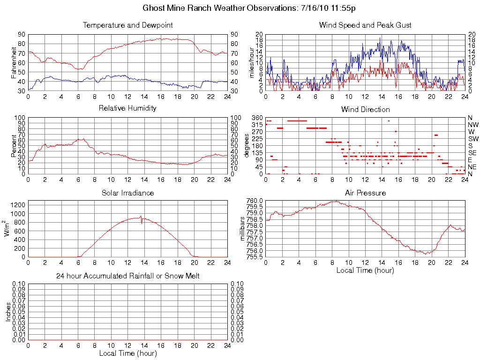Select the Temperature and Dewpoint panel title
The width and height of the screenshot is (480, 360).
pos(127,25)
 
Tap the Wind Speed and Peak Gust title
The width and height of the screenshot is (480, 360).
pos(365,25)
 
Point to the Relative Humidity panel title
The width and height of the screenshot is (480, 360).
pos(127,108)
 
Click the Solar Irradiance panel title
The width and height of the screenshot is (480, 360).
pos(127,193)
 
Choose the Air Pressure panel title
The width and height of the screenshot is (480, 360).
pos(365,193)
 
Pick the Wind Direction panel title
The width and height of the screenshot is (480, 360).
pos(365,109)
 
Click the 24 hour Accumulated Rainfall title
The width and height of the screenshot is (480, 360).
pos(127,276)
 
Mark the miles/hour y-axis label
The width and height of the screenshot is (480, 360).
pos(252,62)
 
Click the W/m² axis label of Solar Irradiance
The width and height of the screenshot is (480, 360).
pos(8,229)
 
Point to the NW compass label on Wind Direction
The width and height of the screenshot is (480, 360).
pos(472,125)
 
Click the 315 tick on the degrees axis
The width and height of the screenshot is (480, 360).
pos(257,125)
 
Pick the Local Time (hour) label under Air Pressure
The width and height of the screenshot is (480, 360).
pos(365,270)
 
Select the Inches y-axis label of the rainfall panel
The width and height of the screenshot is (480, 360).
pos(8,312)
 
